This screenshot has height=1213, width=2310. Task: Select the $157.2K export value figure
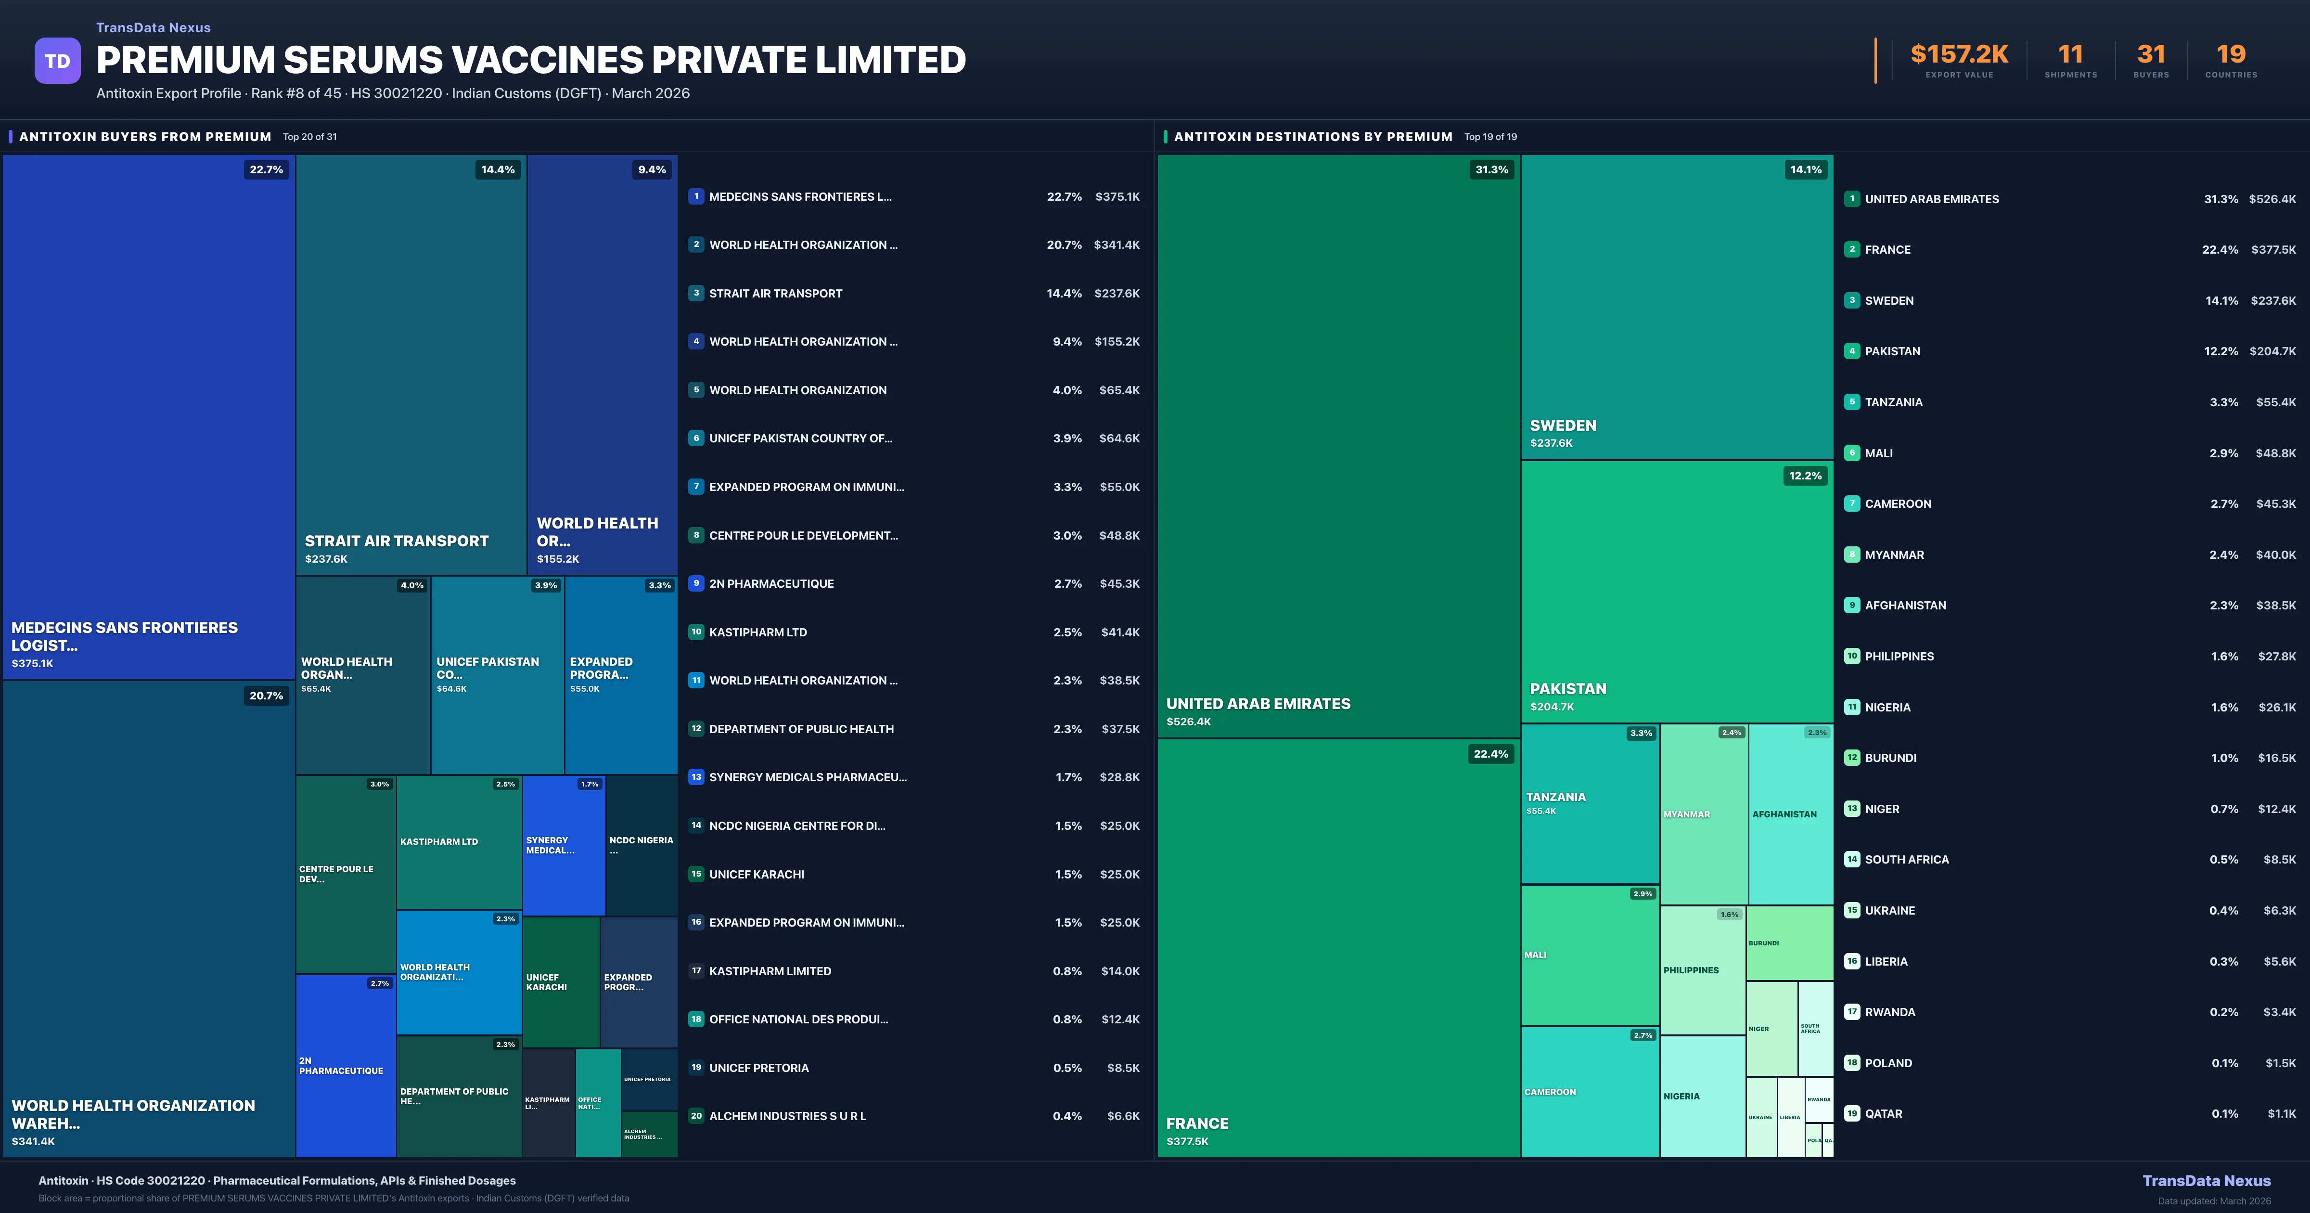point(1959,55)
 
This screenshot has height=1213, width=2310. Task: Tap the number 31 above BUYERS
point(2150,55)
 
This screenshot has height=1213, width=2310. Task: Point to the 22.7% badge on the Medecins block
point(266,169)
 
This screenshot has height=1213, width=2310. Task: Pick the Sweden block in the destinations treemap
point(1676,307)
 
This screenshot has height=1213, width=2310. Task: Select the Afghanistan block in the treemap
point(1790,814)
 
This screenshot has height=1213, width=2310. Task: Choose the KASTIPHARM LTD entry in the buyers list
point(758,632)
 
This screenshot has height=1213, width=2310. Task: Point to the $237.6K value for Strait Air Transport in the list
point(1116,293)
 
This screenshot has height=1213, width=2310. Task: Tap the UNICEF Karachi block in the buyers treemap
point(561,981)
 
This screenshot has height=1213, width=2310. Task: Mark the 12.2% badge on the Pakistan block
point(1804,476)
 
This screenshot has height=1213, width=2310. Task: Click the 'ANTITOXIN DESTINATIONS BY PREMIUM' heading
point(1313,136)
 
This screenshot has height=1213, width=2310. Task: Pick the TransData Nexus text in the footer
point(2206,1181)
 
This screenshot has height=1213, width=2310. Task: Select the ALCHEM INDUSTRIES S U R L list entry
point(787,1116)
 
